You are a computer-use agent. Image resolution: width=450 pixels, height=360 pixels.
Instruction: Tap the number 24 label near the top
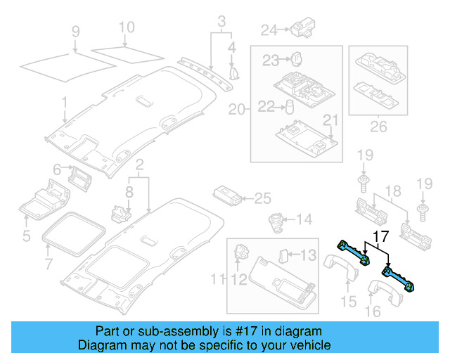pyautogui.click(x=269, y=30)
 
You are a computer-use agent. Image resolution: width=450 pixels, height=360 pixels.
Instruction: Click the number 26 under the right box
pyautogui.click(x=378, y=128)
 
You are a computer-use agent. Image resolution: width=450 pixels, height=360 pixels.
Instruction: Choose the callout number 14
pyautogui.click(x=304, y=220)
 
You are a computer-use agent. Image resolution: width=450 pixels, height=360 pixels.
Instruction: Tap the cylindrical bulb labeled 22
pyautogui.click(x=289, y=107)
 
